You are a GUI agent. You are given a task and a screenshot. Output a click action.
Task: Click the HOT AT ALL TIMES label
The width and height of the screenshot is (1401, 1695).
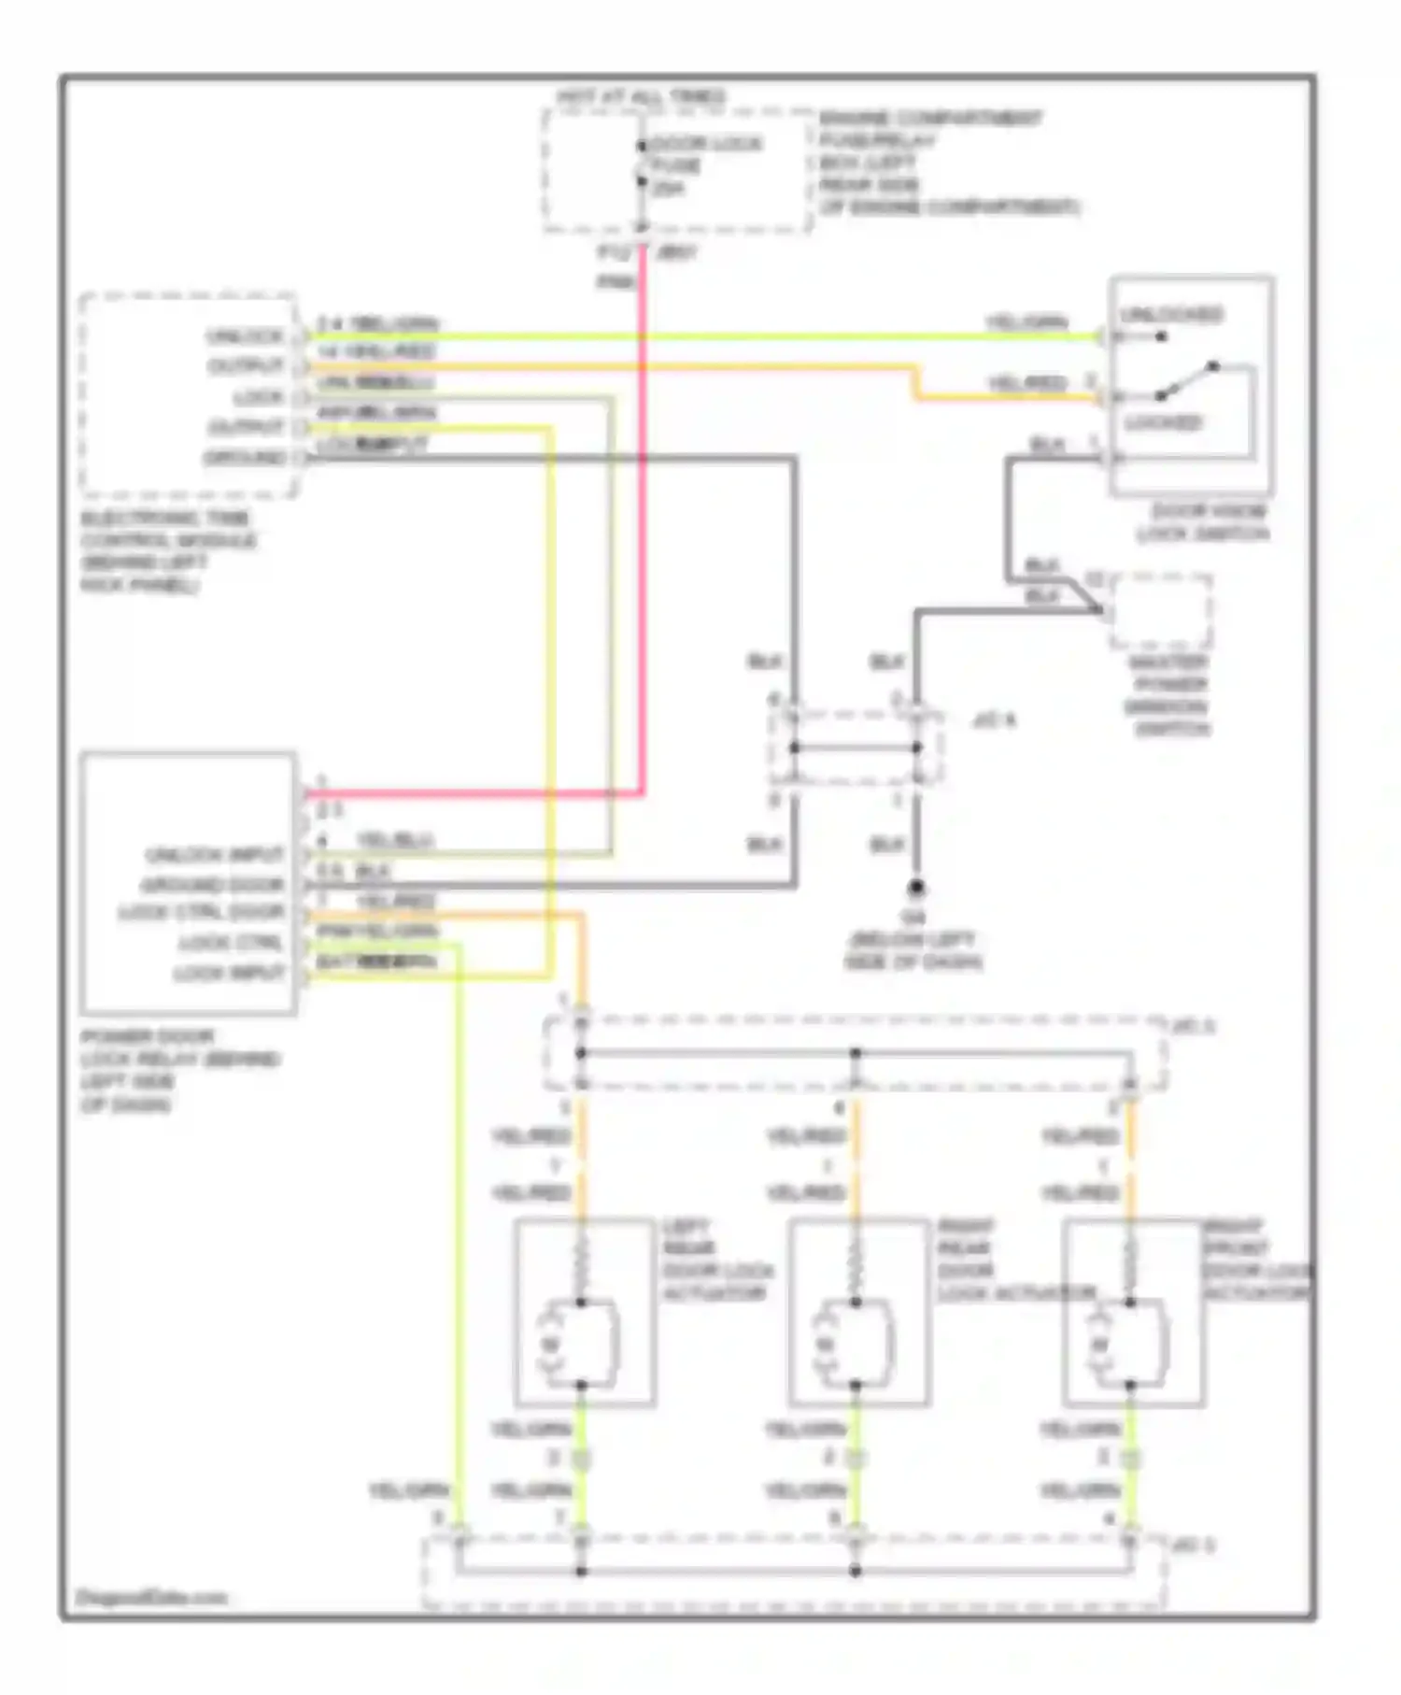coord(641,96)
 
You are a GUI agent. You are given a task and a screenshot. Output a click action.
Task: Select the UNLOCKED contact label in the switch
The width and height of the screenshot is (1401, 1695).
coord(1171,314)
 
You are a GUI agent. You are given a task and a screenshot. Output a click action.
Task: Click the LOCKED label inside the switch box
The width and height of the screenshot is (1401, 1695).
coord(1163,423)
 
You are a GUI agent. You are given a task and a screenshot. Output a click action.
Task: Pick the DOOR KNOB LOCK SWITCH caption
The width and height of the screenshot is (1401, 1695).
coord(1204,522)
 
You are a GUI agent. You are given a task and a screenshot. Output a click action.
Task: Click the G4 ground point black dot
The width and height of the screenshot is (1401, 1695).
coord(916,887)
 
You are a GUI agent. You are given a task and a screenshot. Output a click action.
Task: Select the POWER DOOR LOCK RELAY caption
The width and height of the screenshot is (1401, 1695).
coord(177,1070)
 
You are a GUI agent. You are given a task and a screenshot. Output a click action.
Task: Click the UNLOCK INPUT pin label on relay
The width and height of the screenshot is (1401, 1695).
coord(214,855)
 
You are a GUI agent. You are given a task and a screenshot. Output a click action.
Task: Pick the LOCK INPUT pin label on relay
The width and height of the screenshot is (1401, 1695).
coord(229,973)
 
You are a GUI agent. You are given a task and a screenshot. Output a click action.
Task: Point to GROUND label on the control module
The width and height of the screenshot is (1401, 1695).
coord(244,458)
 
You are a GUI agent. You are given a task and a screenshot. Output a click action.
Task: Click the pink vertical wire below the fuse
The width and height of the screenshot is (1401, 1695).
coord(643,523)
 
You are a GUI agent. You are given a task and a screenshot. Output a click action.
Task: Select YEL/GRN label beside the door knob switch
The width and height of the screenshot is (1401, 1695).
coord(1027,322)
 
